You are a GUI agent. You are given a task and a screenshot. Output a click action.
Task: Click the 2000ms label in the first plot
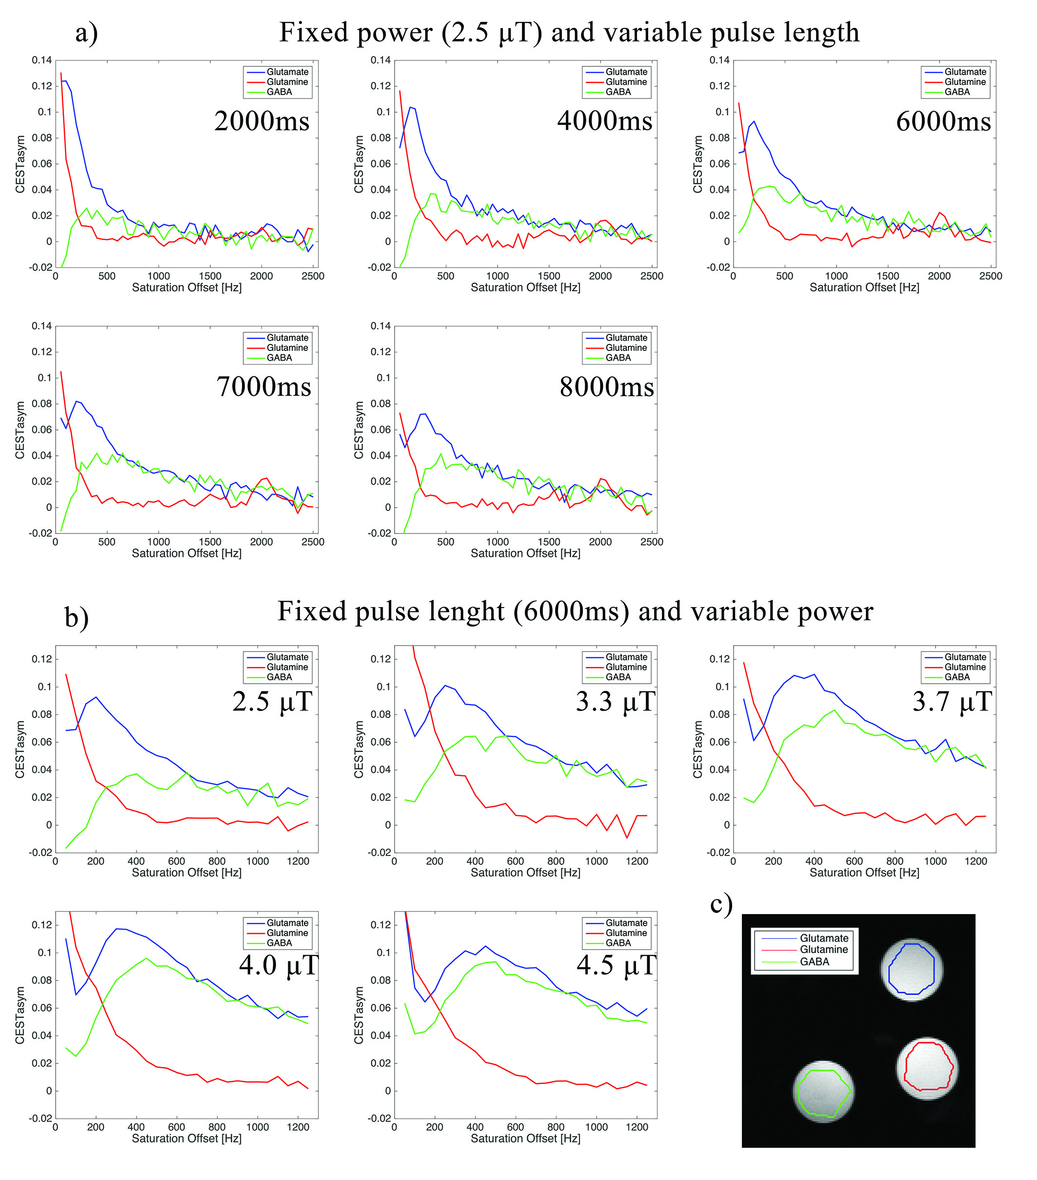pyautogui.click(x=261, y=121)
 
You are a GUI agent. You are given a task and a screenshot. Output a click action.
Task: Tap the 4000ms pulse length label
pyautogui.click(x=604, y=121)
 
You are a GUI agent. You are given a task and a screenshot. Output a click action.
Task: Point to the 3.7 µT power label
pyautogui.click(x=952, y=702)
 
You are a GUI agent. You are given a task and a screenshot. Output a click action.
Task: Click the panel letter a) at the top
pyautogui.click(x=86, y=33)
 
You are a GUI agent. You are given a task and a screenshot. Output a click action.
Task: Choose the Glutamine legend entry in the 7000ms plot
pyautogui.click(x=287, y=347)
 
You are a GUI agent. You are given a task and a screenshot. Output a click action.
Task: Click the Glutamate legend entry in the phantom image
pyautogui.click(x=823, y=938)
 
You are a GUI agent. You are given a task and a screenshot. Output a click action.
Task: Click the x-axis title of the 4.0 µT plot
pyautogui.click(x=186, y=1139)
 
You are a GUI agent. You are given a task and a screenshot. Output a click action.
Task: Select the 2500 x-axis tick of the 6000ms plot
pyautogui.click(x=990, y=276)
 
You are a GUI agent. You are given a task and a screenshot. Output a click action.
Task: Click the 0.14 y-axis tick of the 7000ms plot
pyautogui.click(x=41, y=326)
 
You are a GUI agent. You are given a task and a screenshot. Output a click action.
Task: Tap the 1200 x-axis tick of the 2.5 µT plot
pyautogui.click(x=298, y=861)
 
